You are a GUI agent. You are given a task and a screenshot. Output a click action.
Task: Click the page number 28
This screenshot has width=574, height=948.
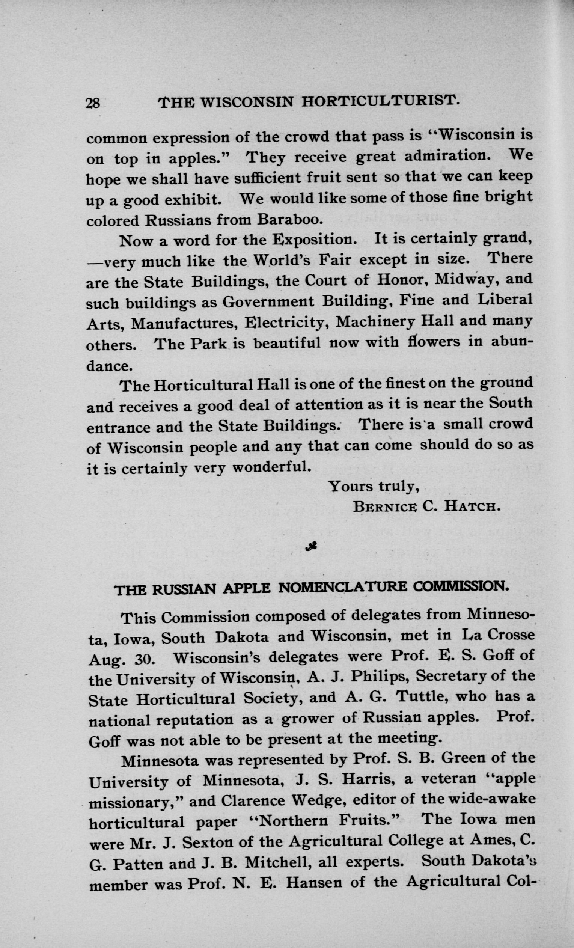coord(93,104)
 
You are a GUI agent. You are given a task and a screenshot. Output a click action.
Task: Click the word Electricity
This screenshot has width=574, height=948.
coord(286,321)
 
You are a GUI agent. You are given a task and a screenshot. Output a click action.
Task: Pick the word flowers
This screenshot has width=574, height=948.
coord(434,342)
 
